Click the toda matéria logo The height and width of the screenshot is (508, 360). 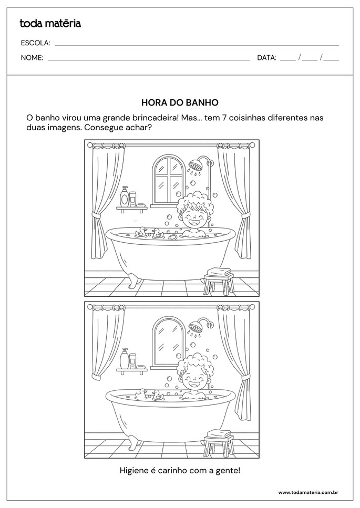pos(50,24)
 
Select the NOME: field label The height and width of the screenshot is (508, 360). pos(32,58)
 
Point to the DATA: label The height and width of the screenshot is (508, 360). pos(266,58)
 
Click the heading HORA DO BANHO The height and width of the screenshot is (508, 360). pos(180,102)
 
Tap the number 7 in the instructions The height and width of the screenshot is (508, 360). pos(224,117)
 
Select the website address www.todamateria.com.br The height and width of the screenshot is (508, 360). pos(308,492)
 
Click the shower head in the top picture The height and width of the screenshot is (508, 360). pos(196,165)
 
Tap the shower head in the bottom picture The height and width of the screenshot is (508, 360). pos(196,326)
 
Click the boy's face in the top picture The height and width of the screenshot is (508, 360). pos(193,217)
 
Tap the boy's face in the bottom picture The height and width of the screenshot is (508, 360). pos(193,380)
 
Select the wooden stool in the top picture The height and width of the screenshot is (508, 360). pos(219,284)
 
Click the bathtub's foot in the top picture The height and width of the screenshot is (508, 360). pos(132,281)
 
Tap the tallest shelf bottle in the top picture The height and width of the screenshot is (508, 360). pos(125,196)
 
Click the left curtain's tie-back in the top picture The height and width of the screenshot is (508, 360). pos(96,214)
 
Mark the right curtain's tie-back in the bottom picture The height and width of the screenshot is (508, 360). pos(245,377)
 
